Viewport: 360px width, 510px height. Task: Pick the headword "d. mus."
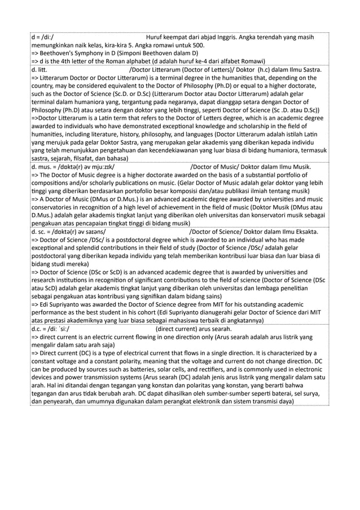click(x=43, y=168)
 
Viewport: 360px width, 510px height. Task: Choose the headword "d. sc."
click(x=41, y=231)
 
